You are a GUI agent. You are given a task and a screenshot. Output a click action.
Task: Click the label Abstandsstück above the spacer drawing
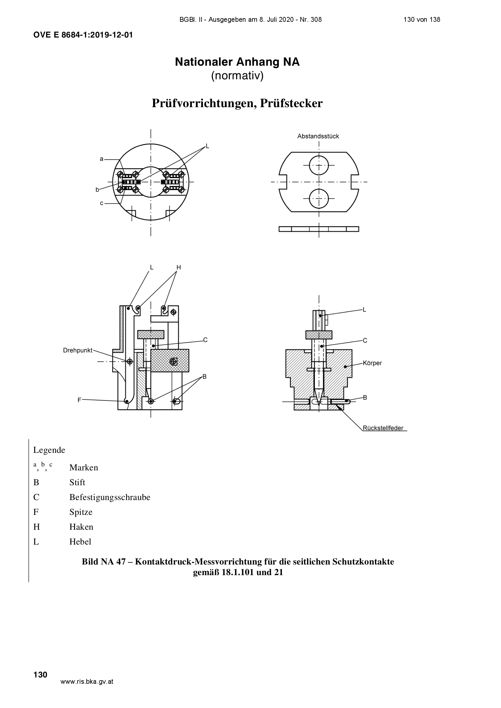click(x=318, y=136)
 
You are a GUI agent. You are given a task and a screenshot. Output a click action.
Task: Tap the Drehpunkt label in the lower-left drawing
click(x=78, y=350)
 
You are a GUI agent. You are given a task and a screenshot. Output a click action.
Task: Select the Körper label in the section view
click(x=372, y=363)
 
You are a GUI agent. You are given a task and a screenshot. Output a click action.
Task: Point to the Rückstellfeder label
click(x=383, y=428)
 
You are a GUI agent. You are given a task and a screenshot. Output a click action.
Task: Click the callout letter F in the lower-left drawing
click(x=79, y=400)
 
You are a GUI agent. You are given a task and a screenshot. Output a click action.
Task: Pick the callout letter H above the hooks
click(x=179, y=267)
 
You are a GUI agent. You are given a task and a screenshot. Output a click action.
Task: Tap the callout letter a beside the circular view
click(x=102, y=159)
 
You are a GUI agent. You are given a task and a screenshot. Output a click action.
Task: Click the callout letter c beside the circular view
click(x=102, y=203)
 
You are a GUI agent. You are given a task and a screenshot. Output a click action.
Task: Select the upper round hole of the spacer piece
click(x=319, y=166)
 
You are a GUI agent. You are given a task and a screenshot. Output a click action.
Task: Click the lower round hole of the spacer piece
click(x=319, y=198)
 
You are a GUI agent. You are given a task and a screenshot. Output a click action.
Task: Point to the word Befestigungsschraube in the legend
click(x=110, y=497)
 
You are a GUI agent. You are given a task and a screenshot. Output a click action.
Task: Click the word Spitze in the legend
click(x=81, y=512)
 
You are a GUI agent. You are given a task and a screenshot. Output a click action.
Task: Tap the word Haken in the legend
click(x=81, y=527)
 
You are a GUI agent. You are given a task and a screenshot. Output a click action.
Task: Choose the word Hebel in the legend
click(x=80, y=542)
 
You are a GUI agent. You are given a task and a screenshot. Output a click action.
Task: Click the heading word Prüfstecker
click(x=291, y=103)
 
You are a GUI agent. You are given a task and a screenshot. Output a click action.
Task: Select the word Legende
click(x=49, y=450)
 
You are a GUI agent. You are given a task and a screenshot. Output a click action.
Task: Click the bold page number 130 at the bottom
click(x=40, y=675)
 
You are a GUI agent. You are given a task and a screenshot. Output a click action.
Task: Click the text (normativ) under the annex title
click(x=237, y=76)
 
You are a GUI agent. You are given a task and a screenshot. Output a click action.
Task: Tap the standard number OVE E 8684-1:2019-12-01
click(x=83, y=35)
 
